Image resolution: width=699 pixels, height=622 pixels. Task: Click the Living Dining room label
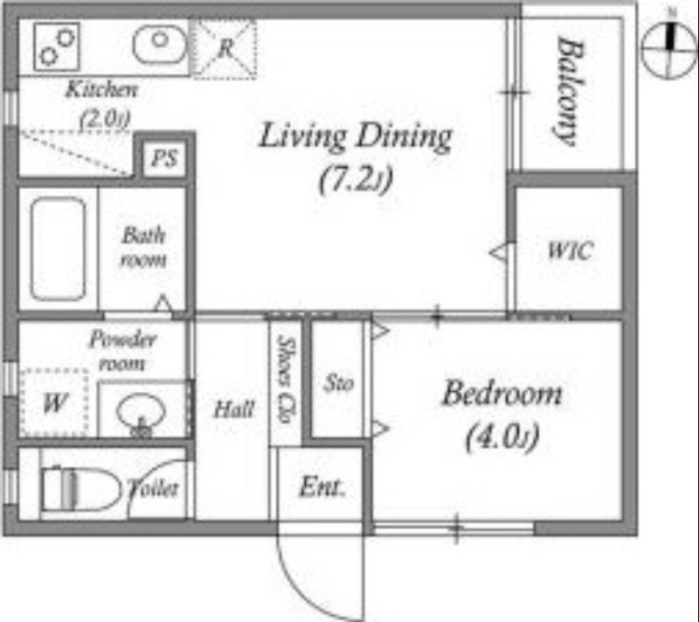[x=356, y=137]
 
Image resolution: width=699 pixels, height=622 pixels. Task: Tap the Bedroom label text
[x=502, y=393]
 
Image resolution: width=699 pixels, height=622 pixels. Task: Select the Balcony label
[x=570, y=92]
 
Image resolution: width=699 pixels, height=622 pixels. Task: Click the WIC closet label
[x=571, y=251]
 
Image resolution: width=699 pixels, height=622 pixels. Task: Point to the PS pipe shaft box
[x=164, y=158]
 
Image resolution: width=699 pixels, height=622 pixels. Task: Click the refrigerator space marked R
[x=224, y=48]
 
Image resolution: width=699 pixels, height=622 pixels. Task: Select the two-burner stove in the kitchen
[x=57, y=47]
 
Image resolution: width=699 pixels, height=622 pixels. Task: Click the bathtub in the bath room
[x=59, y=248]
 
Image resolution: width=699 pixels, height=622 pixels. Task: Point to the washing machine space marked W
[x=54, y=403]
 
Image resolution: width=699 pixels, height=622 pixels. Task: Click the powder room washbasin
[x=141, y=413]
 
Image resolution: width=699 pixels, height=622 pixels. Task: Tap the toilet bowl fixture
[x=81, y=489]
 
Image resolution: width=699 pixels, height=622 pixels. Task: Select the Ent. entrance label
[x=322, y=487]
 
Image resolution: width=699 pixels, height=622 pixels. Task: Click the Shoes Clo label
[x=287, y=380]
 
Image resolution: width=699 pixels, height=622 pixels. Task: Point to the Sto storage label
[x=339, y=383]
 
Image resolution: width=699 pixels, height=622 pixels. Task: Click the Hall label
[x=234, y=409]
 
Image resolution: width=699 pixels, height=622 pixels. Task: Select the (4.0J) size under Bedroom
[x=502, y=437]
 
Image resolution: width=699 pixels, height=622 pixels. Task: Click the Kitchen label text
[x=101, y=90]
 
